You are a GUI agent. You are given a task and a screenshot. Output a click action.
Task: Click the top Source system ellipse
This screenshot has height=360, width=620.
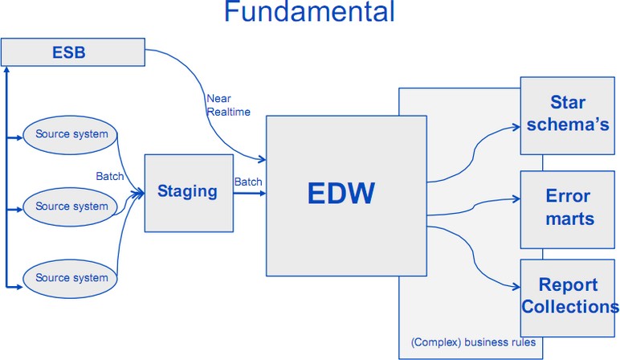coord(71,133)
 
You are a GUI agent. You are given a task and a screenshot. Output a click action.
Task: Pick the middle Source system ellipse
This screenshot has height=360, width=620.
coord(71,207)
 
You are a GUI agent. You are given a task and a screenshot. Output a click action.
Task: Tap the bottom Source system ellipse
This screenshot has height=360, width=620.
coord(71,278)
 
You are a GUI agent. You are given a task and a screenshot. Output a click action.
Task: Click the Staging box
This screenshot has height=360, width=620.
coord(187,191)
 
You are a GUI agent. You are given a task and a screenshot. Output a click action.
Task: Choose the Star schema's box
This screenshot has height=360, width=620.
coord(568,114)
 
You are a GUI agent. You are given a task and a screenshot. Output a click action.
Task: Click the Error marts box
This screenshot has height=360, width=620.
coord(568,207)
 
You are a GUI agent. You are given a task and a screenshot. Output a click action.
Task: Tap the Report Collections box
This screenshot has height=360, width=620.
coord(568,296)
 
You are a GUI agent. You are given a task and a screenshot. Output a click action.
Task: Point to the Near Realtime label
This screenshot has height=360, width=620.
coord(228,105)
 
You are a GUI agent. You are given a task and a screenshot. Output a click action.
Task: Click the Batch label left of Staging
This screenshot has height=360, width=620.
coord(110,177)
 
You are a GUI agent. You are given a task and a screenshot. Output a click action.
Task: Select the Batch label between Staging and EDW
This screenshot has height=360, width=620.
coord(248,182)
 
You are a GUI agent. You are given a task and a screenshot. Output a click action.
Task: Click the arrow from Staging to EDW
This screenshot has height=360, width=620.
coord(248,193)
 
